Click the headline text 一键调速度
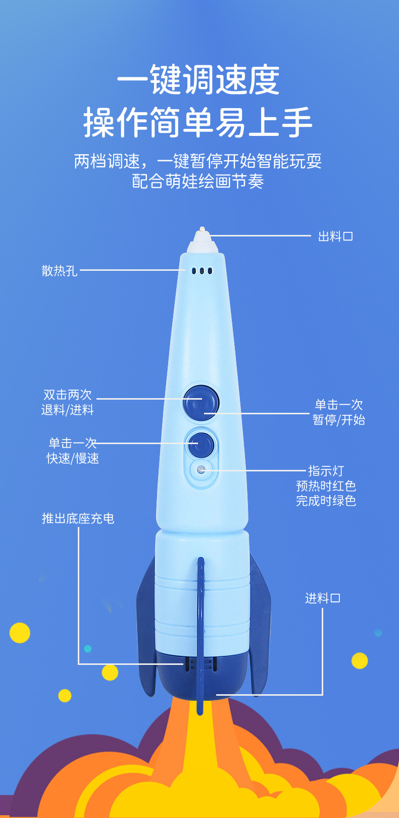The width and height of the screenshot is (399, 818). click(198, 80)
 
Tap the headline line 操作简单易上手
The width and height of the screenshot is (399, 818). click(198, 122)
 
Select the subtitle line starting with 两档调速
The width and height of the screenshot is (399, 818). click(198, 161)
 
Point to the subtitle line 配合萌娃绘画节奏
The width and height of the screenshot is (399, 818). click(198, 181)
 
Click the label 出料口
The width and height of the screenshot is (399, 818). click(335, 236)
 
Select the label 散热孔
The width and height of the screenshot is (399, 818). click(60, 271)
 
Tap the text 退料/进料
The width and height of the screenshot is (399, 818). click(68, 410)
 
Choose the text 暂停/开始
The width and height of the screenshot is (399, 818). click(339, 420)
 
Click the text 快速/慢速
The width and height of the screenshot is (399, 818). click(73, 458)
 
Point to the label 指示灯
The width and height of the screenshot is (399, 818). click(326, 471)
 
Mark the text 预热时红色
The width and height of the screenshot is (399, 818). click(326, 486)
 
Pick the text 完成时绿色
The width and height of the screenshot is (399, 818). click(326, 501)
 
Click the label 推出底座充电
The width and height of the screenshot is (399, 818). click(78, 518)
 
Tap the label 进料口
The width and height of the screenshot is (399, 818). click(323, 598)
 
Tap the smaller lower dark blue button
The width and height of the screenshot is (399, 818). click(201, 444)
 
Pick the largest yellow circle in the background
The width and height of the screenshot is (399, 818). click(20, 633)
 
